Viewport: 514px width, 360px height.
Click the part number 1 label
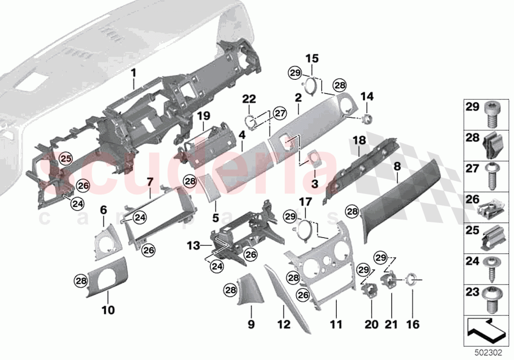pos(133,73)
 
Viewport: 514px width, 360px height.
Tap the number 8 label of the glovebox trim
pos(397,167)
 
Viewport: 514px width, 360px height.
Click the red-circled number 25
pos(65,158)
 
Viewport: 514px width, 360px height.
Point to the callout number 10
pos(108,310)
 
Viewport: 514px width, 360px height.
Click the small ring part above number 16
pos(412,281)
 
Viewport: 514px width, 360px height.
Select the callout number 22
pos(249,99)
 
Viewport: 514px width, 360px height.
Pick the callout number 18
pos(360,141)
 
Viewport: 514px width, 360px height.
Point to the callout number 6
pos(103,210)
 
